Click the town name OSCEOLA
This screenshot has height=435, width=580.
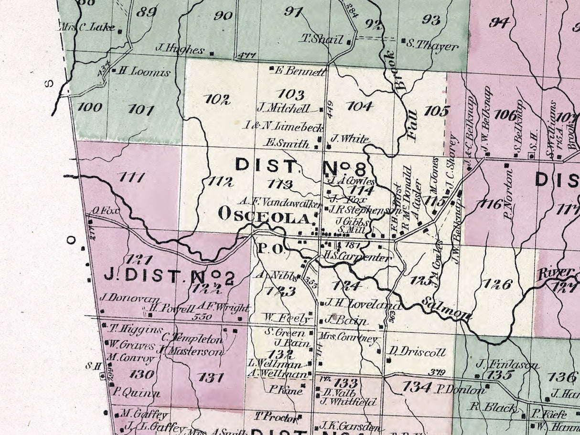[265, 216]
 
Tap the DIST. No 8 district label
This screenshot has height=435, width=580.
[301, 166]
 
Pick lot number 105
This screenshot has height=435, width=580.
[436, 111]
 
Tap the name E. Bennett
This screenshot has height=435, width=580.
[301, 72]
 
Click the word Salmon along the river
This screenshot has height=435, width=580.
[447, 309]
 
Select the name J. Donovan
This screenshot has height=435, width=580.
[122, 297]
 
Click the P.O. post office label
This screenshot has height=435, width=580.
[270, 249]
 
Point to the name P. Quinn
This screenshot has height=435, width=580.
[136, 394]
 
